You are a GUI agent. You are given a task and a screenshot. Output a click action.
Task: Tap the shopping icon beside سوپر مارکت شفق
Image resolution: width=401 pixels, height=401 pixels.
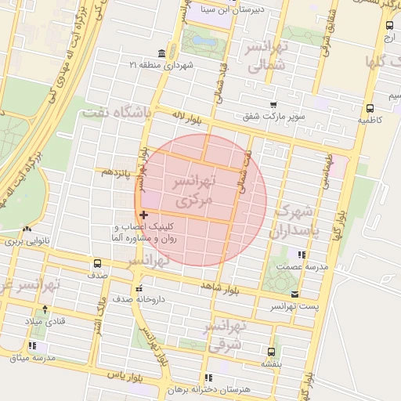point(273,105)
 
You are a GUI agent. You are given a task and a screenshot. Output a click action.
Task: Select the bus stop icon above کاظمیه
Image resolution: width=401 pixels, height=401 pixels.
point(369,109)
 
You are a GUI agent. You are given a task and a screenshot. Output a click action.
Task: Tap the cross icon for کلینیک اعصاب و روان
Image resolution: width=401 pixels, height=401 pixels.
point(143,214)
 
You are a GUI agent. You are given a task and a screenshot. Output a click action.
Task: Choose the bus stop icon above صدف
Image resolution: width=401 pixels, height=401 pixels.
point(97,263)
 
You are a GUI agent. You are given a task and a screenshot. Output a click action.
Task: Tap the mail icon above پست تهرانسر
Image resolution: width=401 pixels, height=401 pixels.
point(294,294)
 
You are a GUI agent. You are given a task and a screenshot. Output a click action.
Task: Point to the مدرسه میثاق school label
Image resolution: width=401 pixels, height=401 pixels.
point(32,357)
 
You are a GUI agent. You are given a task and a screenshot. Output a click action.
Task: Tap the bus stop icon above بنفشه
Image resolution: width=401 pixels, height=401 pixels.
point(271,352)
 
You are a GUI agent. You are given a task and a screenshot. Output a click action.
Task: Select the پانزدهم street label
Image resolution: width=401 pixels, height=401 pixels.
point(117,172)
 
